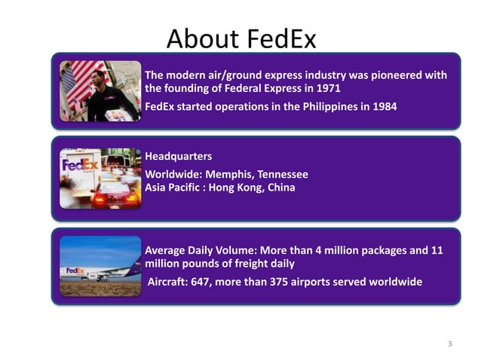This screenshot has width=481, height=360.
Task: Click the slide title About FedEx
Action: (x=241, y=38)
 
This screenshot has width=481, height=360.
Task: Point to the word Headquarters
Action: (x=178, y=157)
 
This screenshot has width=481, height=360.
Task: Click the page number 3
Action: (x=449, y=344)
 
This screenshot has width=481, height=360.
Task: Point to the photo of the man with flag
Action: (x=100, y=91)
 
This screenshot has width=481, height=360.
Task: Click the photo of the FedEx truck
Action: (x=100, y=178)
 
